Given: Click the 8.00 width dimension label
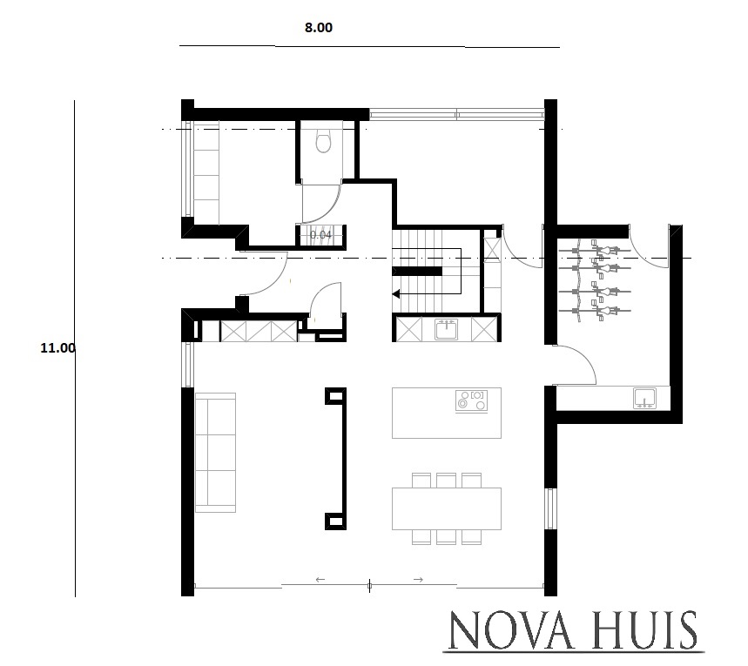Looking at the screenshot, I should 318,27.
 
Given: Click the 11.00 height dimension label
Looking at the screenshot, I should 58,347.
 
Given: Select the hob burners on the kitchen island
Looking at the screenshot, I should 472,400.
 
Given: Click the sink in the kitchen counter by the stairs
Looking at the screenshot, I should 447,329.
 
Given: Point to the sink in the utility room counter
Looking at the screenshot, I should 644,398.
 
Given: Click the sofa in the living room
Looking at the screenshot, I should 215,452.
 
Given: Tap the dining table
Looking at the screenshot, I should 448,508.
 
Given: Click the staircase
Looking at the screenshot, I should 427,270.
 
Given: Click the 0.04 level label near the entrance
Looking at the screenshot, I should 320,234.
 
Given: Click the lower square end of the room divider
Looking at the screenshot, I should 334,521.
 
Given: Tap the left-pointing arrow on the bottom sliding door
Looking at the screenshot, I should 320,579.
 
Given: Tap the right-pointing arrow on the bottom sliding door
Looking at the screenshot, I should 418,579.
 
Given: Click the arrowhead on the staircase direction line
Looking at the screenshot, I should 397,294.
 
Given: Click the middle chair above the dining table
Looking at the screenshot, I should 447,480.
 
